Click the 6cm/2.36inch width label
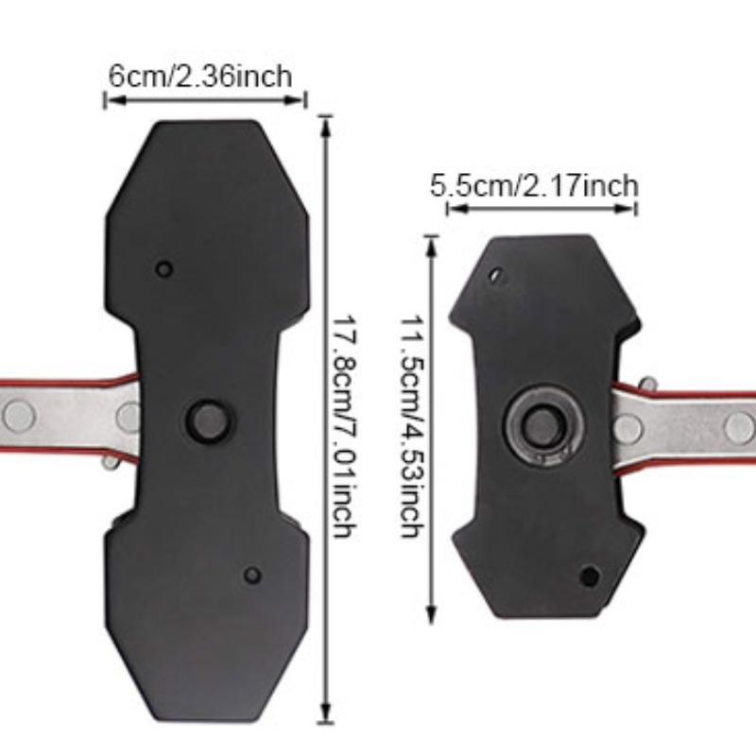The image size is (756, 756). point(199,76)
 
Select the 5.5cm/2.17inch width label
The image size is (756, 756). point(534,185)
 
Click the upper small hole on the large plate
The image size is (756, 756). point(164,269)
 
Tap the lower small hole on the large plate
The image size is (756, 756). point(251,575)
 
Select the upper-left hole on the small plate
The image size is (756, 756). point(495,276)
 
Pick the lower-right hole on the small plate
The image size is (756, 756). point(590,575)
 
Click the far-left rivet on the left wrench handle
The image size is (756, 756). point(18,414)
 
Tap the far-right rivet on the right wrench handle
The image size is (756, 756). point(738,426)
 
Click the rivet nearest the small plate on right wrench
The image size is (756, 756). point(627,428)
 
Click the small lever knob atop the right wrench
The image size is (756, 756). point(647,385)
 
